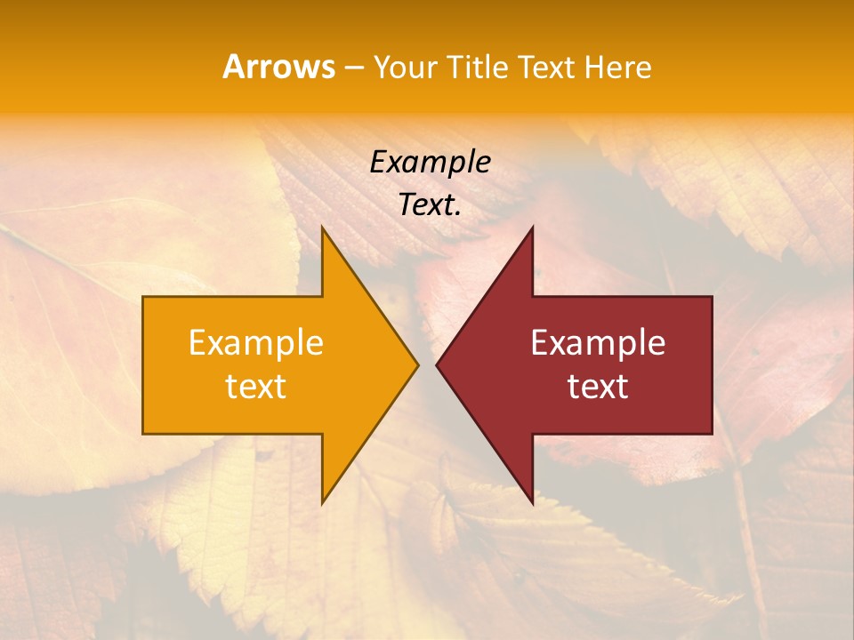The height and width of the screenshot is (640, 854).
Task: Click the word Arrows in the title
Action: click(x=279, y=67)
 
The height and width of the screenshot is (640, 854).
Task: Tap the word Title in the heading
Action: click(x=480, y=67)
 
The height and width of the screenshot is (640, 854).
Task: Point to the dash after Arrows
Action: click(x=353, y=68)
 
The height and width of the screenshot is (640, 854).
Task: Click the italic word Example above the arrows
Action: click(x=430, y=163)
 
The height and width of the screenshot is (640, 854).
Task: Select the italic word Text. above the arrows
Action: click(x=430, y=205)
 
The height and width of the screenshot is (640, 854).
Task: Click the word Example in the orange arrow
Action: click(x=256, y=343)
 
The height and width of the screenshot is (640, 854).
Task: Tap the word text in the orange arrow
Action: click(x=256, y=387)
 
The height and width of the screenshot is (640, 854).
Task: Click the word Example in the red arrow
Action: click(x=598, y=343)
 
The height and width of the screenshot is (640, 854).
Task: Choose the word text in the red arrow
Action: click(x=598, y=387)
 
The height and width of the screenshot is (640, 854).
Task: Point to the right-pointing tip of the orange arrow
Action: click(x=417, y=364)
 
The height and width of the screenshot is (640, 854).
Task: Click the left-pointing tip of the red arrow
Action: click(x=437, y=364)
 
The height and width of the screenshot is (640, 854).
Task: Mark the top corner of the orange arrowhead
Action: click(x=322, y=228)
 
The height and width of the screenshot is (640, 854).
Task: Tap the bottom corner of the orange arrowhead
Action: click(x=322, y=502)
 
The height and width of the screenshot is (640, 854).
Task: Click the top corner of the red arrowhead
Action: click(x=532, y=228)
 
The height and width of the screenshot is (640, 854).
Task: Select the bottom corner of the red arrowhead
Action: click(x=532, y=502)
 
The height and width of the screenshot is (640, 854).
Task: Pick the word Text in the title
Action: click(x=546, y=67)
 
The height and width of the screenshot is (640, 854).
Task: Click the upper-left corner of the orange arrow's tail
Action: click(x=143, y=297)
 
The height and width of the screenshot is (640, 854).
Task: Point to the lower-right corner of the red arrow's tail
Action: click(x=712, y=433)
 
